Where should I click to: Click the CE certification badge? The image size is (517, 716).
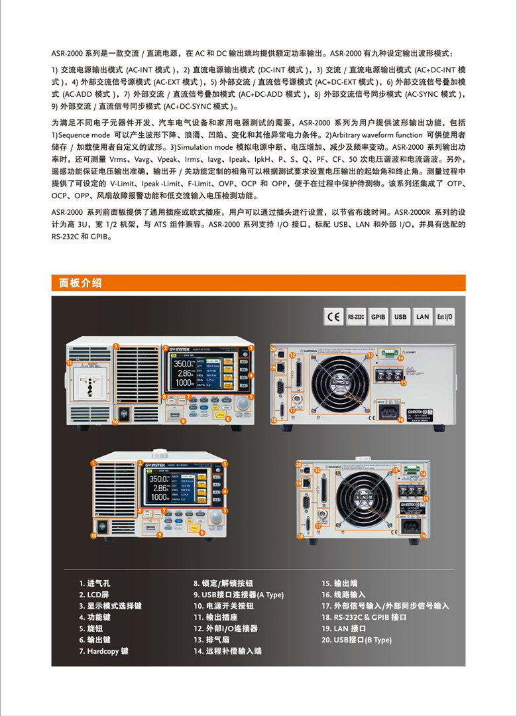[x=333, y=317]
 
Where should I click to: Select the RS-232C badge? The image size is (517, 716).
[x=356, y=317]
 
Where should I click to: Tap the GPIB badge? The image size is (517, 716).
[x=378, y=317]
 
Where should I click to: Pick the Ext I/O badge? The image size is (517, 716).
[x=445, y=317]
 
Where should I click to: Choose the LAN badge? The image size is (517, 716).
[x=423, y=317]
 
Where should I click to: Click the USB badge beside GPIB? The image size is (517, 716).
[x=400, y=317]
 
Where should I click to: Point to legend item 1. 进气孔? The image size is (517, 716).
[x=95, y=583]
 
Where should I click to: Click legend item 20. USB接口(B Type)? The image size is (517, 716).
[x=357, y=640]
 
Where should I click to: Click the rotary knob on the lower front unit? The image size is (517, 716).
[x=216, y=518]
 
